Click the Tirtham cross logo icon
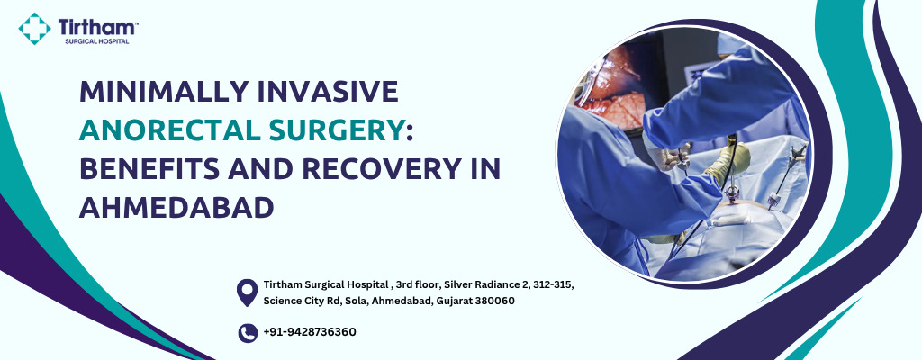click(35, 29)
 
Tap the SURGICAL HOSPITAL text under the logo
click(97, 41)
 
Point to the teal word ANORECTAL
click(171, 130)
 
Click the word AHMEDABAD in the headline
click(177, 208)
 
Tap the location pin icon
click(247, 292)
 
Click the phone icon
click(248, 333)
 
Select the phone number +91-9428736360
click(310, 332)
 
